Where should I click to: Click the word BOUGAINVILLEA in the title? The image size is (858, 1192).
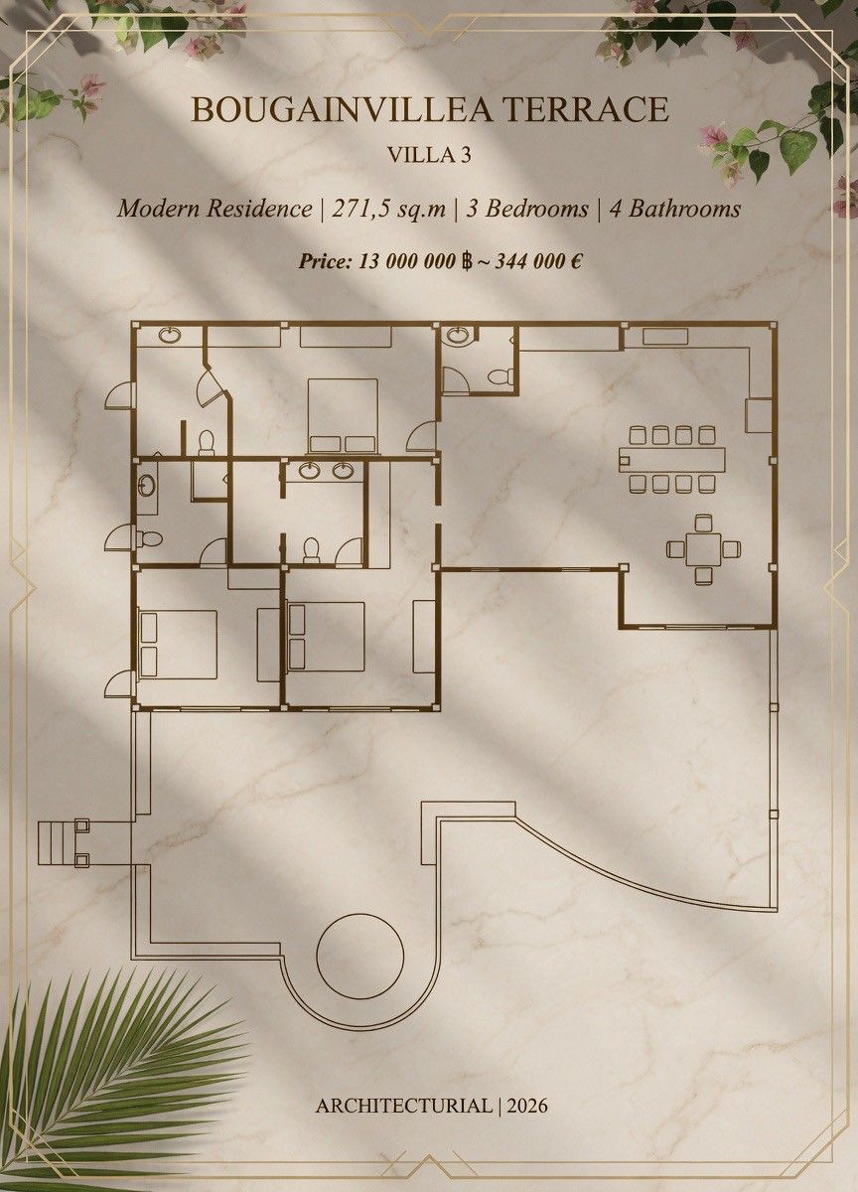[x=340, y=109]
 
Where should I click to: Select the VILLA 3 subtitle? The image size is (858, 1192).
[x=429, y=155]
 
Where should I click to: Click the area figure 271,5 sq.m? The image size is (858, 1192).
[x=389, y=209]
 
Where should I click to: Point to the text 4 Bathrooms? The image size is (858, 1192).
[x=674, y=209]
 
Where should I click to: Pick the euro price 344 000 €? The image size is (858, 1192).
[x=538, y=261]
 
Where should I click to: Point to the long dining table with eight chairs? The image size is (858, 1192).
[x=672, y=459]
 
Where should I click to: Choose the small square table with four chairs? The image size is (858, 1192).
[x=704, y=549]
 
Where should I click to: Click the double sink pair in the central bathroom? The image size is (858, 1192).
[x=327, y=471]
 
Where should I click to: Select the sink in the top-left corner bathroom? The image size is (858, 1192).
[x=170, y=336]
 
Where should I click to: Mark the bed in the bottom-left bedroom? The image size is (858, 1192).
[x=178, y=645]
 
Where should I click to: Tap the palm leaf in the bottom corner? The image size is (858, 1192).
[x=114, y=1070]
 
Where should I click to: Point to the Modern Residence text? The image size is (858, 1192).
[x=214, y=209]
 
